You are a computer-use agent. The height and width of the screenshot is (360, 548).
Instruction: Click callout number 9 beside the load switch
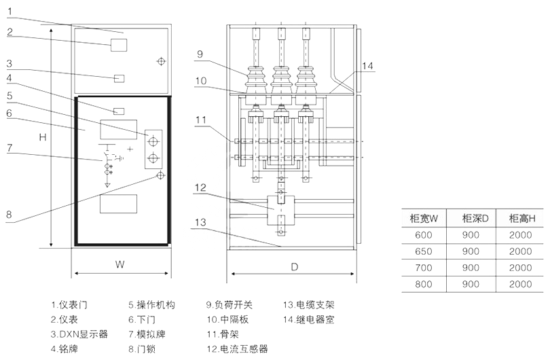pyautogui.click(x=200, y=53)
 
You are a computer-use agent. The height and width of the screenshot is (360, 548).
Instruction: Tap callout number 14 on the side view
pyautogui.click(x=367, y=66)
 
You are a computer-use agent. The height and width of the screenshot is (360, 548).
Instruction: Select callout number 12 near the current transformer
pyautogui.click(x=200, y=187)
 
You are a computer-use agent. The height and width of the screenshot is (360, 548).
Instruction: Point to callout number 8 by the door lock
pyautogui.click(x=10, y=215)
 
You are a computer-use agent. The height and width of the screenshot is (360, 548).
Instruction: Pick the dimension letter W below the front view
pyautogui.click(x=120, y=262)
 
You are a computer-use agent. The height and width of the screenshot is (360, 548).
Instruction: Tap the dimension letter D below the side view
pyautogui.click(x=295, y=266)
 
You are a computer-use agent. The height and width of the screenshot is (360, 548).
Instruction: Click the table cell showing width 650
pyautogui.click(x=423, y=251)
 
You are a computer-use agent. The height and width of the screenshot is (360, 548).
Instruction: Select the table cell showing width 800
pyautogui.click(x=423, y=284)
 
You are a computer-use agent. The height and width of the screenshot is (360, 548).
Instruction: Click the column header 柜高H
pyautogui.click(x=521, y=218)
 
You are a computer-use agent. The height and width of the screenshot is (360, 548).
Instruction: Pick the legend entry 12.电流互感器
pyautogui.click(x=238, y=348)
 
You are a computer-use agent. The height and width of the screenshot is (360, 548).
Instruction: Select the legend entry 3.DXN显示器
pyautogui.click(x=79, y=334)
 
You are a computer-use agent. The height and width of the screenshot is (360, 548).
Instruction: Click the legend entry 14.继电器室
pyautogui.click(x=309, y=319)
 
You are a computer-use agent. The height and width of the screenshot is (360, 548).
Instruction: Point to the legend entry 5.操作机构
pyautogui.click(x=151, y=305)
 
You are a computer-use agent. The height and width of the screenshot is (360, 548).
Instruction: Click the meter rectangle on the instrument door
pyautogui.click(x=119, y=46)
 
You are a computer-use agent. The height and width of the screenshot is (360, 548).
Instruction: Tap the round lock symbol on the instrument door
pyautogui.click(x=161, y=62)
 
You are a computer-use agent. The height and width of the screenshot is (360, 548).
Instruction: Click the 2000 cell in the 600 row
pyautogui.click(x=521, y=234)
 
